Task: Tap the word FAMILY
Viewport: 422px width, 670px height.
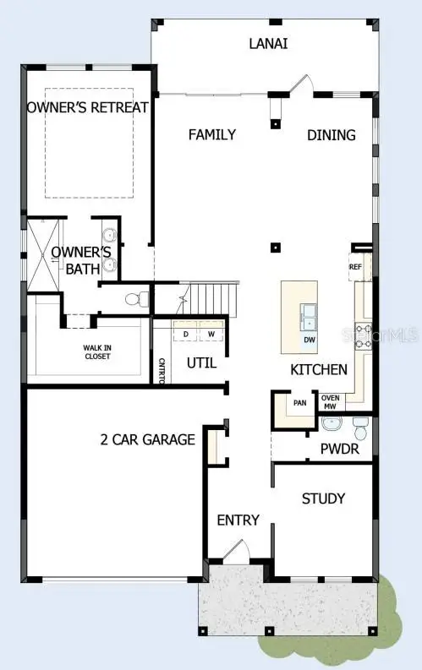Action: [x=211, y=134]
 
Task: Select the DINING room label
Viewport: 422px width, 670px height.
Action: [x=331, y=134]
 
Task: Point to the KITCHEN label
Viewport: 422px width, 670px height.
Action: [x=318, y=369]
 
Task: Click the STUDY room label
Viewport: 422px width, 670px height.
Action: [x=323, y=498]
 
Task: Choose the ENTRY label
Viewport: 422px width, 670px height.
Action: [x=238, y=520]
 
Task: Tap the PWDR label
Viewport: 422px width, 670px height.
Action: [x=340, y=449]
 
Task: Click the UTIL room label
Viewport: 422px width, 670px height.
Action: [x=201, y=363]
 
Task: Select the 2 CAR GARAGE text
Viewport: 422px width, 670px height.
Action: [x=147, y=439]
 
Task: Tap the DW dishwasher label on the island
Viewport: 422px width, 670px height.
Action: [x=310, y=340]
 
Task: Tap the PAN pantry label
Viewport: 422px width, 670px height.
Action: [x=299, y=403]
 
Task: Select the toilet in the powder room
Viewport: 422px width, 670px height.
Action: [x=361, y=429]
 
